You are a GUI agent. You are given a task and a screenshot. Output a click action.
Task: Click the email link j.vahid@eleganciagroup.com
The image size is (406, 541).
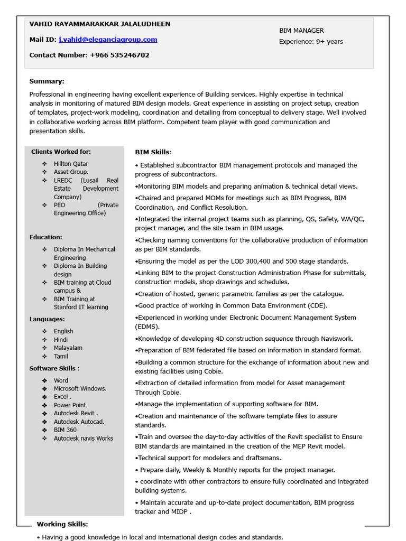pos(108,40)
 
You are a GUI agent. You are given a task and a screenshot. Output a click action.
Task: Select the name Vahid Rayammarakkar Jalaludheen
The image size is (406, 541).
pos(100,24)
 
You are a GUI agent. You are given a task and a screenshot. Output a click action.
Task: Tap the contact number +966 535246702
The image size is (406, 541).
pos(119,55)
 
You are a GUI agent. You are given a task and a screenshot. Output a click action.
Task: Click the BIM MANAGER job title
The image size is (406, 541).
pos(301,31)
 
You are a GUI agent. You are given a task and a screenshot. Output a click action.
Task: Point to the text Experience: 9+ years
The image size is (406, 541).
pos(311,42)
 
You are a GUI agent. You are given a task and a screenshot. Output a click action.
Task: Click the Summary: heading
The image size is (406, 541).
pos(47,81)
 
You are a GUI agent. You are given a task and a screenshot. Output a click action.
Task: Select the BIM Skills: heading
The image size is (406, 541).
pos(153,152)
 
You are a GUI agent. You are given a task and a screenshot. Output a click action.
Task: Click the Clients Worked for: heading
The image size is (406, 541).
pos(61,152)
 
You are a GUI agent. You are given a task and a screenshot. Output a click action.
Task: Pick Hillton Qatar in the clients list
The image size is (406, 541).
pos(71,164)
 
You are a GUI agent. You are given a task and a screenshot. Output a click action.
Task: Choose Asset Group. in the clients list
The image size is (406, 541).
pos(71,172)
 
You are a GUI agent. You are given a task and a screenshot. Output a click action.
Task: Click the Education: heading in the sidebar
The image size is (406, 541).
pos(45,238)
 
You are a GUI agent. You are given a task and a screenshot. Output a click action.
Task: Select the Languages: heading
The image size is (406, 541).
pos(47,319)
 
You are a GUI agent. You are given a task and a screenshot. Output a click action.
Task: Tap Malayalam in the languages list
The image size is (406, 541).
pos(68,348)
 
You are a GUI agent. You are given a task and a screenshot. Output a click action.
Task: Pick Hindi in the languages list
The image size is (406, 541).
pos(61,340)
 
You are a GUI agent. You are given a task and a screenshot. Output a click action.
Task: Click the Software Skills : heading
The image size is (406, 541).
pos(54,368)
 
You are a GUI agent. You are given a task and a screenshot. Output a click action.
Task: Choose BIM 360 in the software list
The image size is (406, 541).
pos(65,430)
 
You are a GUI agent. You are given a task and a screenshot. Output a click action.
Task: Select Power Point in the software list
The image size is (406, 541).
pos(70,405)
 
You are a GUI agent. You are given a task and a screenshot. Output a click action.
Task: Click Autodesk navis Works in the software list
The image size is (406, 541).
pos(83,439)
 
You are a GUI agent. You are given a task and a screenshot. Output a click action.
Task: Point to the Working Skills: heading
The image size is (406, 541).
pos(62,524)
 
